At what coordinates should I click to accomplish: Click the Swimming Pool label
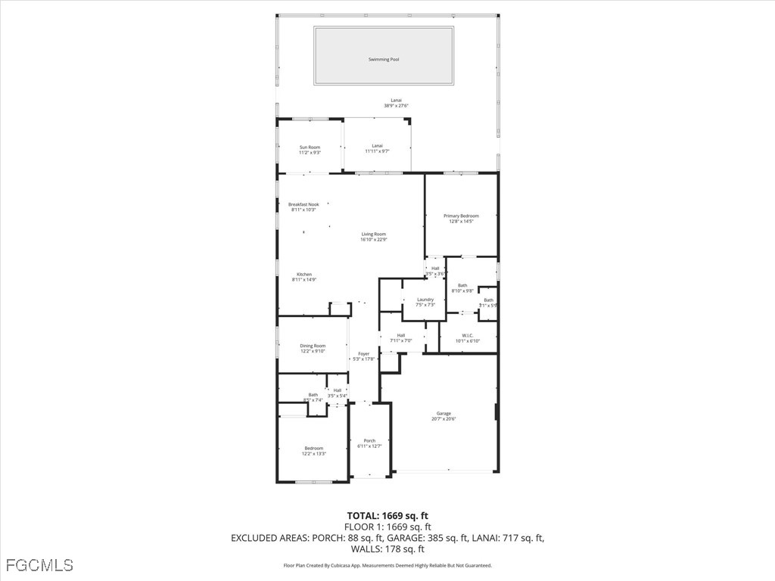coord(383,59)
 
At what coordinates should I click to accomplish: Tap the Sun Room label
coord(310,148)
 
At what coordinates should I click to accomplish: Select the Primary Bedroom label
coord(461,216)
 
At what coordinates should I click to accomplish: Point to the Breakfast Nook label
coord(303,204)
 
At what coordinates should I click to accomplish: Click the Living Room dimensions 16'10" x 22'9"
coord(373,240)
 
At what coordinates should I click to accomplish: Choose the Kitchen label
coord(303,275)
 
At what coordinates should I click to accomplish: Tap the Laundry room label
coord(425,300)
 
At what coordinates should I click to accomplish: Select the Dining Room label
coord(313,346)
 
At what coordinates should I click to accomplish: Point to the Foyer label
coord(364,354)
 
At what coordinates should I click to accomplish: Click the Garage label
coord(444,414)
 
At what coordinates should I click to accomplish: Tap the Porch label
coord(369,441)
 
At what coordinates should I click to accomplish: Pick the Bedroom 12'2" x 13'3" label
coord(313,449)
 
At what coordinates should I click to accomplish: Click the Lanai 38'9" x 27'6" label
coord(396,101)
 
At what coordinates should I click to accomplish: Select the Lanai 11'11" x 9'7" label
coord(377,146)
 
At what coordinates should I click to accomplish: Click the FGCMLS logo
coord(39,565)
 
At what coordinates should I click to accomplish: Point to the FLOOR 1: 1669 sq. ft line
coord(387,527)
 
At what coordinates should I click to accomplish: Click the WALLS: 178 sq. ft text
coord(387,549)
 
